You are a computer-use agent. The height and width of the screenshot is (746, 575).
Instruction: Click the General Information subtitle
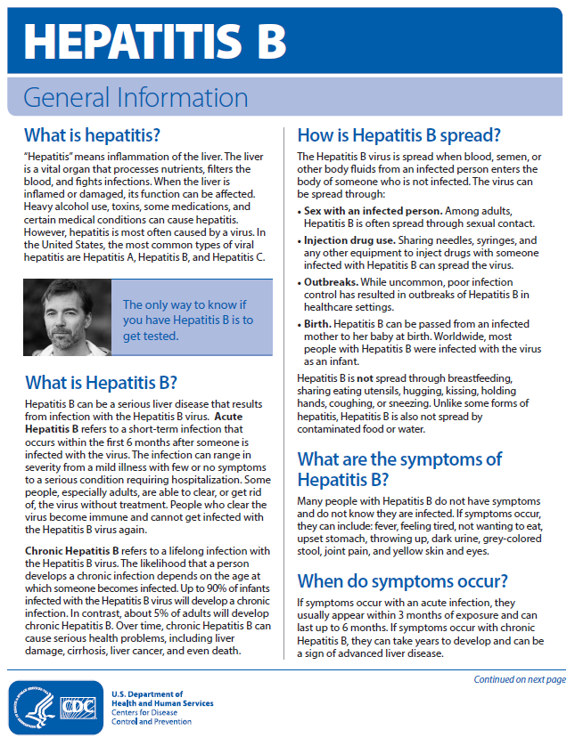(x=136, y=97)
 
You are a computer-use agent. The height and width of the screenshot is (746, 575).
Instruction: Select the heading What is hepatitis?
(x=92, y=135)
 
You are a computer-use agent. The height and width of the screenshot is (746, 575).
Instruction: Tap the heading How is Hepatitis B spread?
(x=398, y=135)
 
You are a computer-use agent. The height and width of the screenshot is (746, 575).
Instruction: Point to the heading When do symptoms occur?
(x=402, y=582)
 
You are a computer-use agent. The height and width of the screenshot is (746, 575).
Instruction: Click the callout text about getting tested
(x=188, y=320)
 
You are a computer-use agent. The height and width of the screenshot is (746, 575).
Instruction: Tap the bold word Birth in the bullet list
(x=319, y=323)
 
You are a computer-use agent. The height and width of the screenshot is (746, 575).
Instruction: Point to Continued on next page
(x=520, y=680)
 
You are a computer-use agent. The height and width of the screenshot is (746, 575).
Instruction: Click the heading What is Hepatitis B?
(x=101, y=384)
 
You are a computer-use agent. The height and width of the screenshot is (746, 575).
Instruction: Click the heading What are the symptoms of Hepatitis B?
(x=399, y=470)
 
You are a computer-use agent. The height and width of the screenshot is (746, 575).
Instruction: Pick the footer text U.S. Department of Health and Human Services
(x=162, y=698)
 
